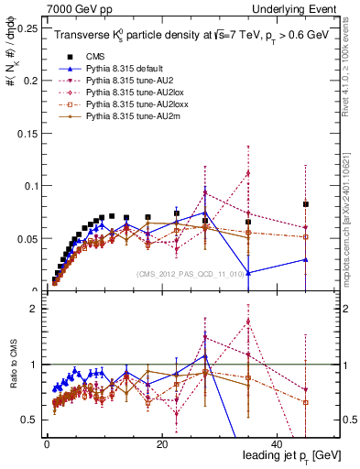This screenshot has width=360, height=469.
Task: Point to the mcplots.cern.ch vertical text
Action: point(350,229)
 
